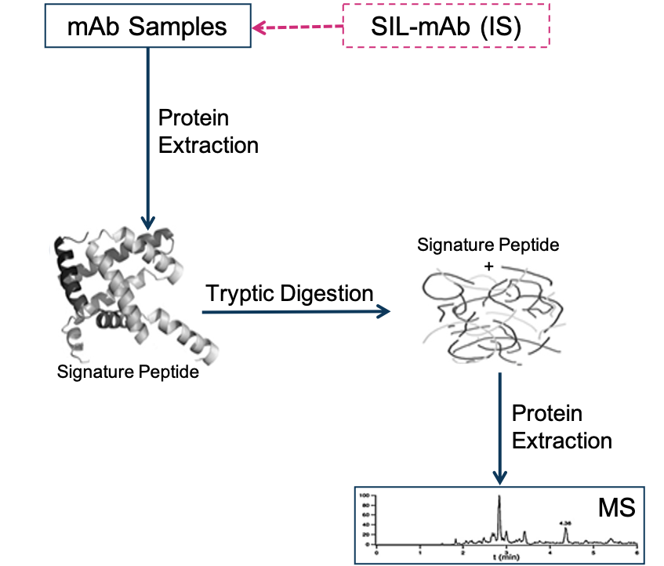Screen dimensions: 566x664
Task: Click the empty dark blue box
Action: (x=148, y=26)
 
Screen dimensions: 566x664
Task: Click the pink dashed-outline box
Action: (x=446, y=25)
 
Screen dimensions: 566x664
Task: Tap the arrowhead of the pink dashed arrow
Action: (x=257, y=28)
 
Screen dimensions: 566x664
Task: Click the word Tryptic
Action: (x=241, y=294)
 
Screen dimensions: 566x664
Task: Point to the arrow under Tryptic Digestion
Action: (x=296, y=312)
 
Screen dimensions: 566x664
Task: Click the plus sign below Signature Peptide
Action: (x=488, y=267)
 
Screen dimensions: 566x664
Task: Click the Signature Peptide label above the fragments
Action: (x=488, y=245)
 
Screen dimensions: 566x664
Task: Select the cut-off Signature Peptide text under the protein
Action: (x=127, y=368)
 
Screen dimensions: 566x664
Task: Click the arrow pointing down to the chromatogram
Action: (x=499, y=427)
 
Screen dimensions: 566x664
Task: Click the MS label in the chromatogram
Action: (x=617, y=508)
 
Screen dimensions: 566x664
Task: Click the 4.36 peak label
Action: (x=565, y=523)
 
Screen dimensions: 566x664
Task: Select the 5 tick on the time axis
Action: (x=593, y=552)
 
